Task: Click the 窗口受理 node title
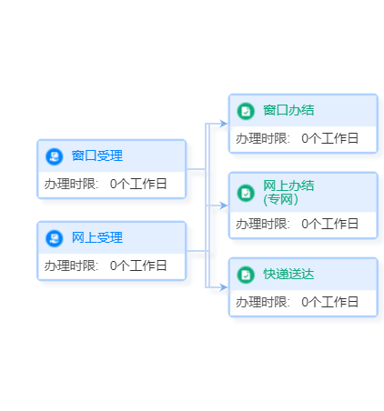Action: [97, 155]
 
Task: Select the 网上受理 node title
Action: [97, 237]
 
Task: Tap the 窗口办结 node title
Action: [288, 110]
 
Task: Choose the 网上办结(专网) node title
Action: [288, 193]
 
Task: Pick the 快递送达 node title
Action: [288, 274]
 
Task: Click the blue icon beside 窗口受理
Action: [55, 156]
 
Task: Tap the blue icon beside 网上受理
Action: [55, 238]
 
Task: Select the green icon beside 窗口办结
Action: [246, 111]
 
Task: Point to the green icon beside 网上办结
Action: [246, 193]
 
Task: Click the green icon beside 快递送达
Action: [246, 275]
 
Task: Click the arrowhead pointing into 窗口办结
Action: [224, 124]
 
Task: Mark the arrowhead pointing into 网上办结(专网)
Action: [224, 205]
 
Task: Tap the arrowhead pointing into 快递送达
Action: [224, 287]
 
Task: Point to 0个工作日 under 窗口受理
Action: [138, 184]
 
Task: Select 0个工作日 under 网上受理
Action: [138, 266]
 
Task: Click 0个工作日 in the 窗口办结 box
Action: [329, 138]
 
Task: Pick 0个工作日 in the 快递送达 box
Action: [329, 302]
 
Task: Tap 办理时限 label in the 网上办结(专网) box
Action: [261, 224]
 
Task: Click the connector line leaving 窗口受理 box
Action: [197, 169]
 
